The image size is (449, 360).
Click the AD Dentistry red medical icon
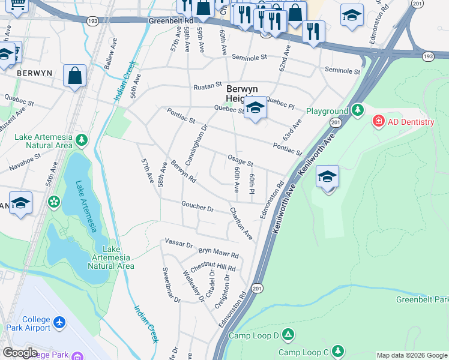pyautogui.click(x=379, y=122)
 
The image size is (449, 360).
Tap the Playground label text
pyautogui.click(x=327, y=111)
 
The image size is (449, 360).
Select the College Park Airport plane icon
pyautogui.click(x=59, y=323)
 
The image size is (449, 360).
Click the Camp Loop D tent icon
pyautogui.click(x=288, y=335)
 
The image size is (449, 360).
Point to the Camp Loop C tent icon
pyautogui.click(x=338, y=350)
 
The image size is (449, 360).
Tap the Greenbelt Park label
pyautogui.click(x=422, y=299)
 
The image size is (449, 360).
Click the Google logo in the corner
pyautogui.click(x=20, y=352)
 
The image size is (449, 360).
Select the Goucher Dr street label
pyautogui.click(x=197, y=207)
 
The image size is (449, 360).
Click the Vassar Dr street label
pyautogui.click(x=178, y=244)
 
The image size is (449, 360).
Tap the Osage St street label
pyautogui.click(x=240, y=160)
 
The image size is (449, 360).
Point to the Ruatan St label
pyautogui.click(x=208, y=86)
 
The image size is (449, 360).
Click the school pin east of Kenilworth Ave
pyautogui.click(x=327, y=178)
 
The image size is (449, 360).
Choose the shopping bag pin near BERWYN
pyautogui.click(x=74, y=76)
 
